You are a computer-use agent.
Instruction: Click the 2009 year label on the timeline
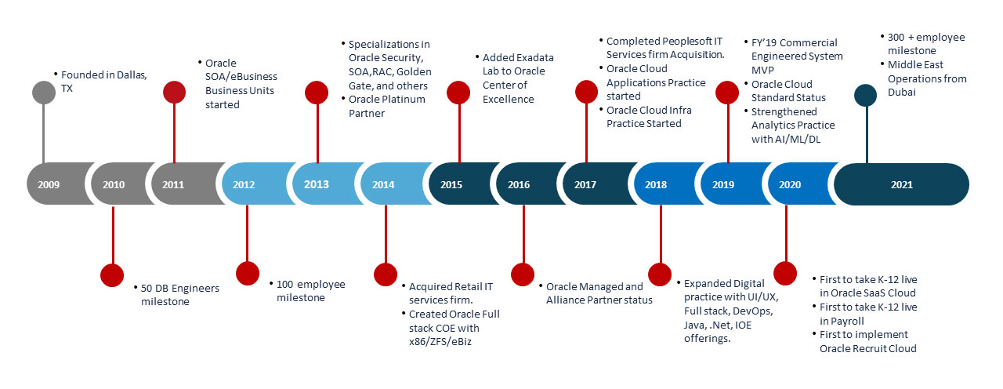click(x=49, y=184)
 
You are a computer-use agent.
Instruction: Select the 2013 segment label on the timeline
click(x=317, y=184)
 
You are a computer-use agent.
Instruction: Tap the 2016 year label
click(x=519, y=184)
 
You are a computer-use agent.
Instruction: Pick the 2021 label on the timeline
click(x=901, y=184)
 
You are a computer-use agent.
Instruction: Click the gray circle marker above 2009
click(x=44, y=93)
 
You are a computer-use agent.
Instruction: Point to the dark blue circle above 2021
click(x=866, y=96)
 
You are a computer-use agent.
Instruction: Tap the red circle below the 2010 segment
click(x=112, y=274)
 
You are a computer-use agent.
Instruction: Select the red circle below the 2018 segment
click(x=660, y=274)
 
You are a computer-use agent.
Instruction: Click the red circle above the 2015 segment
click(x=458, y=93)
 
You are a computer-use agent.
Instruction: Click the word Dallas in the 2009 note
click(x=131, y=75)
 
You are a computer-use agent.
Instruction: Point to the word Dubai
click(x=901, y=93)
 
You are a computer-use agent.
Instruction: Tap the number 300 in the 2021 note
click(x=896, y=37)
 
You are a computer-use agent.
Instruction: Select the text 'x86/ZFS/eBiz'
click(x=440, y=342)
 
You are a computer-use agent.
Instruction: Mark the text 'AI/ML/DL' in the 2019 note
click(x=798, y=140)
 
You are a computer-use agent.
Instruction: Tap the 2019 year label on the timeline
click(x=723, y=184)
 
